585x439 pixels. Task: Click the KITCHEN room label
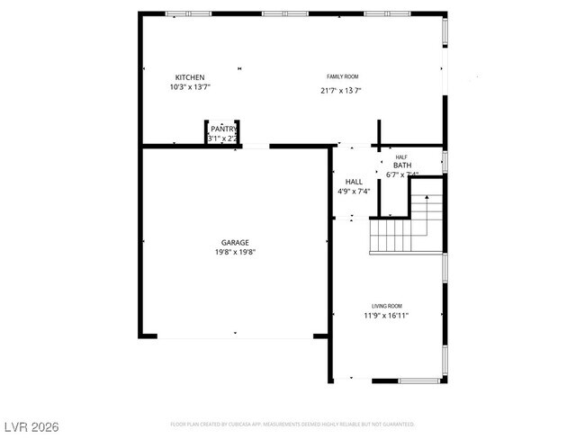pyautogui.click(x=189, y=77)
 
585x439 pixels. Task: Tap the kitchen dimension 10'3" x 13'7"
pyautogui.click(x=189, y=87)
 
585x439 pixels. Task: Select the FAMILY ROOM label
pyautogui.click(x=342, y=77)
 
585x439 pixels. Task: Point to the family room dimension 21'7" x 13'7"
pyautogui.click(x=341, y=90)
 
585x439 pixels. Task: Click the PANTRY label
pyautogui.click(x=222, y=130)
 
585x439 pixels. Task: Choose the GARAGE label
pyautogui.click(x=235, y=242)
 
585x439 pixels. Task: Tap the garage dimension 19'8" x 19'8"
pyautogui.click(x=235, y=253)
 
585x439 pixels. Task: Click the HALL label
pyautogui.click(x=354, y=181)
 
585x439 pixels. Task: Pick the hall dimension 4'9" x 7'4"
pyautogui.click(x=354, y=191)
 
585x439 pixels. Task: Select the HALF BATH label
pyautogui.click(x=401, y=162)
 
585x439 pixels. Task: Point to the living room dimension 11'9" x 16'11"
pyautogui.click(x=387, y=316)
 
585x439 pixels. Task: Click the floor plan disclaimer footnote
pyautogui.click(x=292, y=424)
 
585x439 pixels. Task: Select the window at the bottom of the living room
pyautogui.click(x=418, y=381)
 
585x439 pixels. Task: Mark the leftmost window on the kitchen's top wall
pyautogui.click(x=189, y=13)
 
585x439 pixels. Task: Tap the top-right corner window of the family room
pyautogui.click(x=445, y=32)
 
